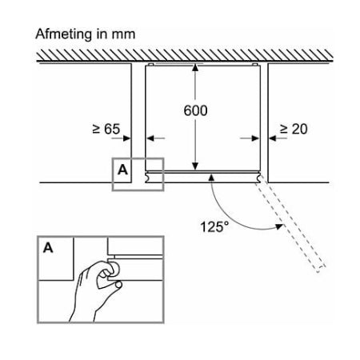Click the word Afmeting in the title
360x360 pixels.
pos(63,34)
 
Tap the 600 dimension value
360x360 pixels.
pos(195,110)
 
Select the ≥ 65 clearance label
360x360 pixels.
pos(106,129)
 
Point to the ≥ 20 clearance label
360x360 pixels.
pos(294,129)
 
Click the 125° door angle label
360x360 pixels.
pos(214,227)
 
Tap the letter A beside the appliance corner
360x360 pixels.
pos(122,170)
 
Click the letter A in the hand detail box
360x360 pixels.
pos(48,248)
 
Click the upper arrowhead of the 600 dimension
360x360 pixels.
pos(195,67)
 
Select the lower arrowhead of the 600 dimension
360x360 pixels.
pos(195,166)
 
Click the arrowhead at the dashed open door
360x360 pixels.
pos(279,226)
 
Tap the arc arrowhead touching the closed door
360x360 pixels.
pos(211,177)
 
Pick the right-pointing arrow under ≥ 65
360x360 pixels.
pos(121,138)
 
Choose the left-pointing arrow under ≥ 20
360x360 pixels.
pos(278,138)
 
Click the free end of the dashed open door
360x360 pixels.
pos(322,269)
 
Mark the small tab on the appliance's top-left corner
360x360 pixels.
pos(150,65)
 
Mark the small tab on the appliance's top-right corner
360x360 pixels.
pos(255,65)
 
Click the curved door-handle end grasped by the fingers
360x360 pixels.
pos(114,269)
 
